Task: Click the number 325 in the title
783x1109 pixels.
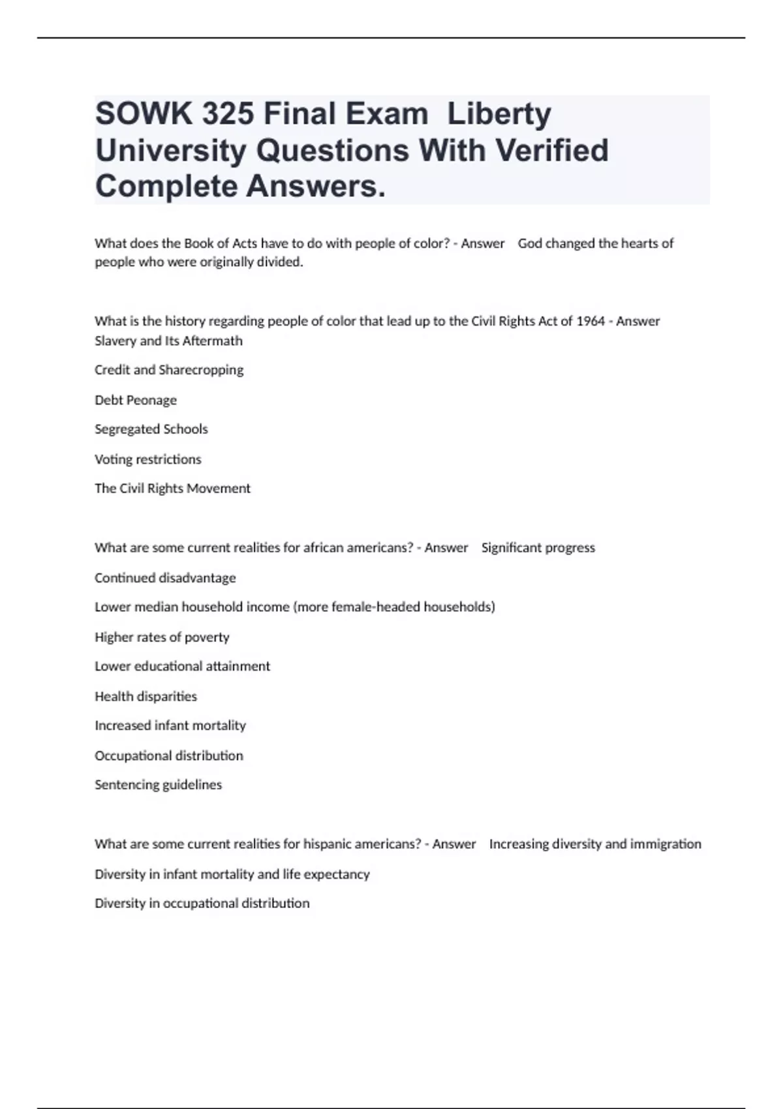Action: pos(228,114)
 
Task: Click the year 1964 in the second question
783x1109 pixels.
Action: pos(591,321)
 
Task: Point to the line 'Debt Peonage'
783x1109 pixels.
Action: pos(136,400)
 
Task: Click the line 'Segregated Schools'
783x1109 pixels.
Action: pos(151,429)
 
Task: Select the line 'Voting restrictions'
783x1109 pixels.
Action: pos(148,459)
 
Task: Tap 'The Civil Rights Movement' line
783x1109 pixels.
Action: pos(172,489)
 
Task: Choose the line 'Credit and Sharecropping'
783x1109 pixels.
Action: pos(169,370)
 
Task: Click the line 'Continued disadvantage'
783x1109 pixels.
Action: pos(165,578)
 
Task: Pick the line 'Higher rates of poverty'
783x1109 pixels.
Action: pos(162,637)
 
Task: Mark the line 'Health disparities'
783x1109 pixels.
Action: pos(146,697)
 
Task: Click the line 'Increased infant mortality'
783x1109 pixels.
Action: pos(170,725)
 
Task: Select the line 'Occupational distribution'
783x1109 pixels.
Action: pos(169,755)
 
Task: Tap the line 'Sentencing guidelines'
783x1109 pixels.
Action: pos(159,785)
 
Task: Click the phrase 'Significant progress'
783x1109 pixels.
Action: pos(538,548)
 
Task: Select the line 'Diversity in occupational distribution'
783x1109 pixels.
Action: pos(202,904)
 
